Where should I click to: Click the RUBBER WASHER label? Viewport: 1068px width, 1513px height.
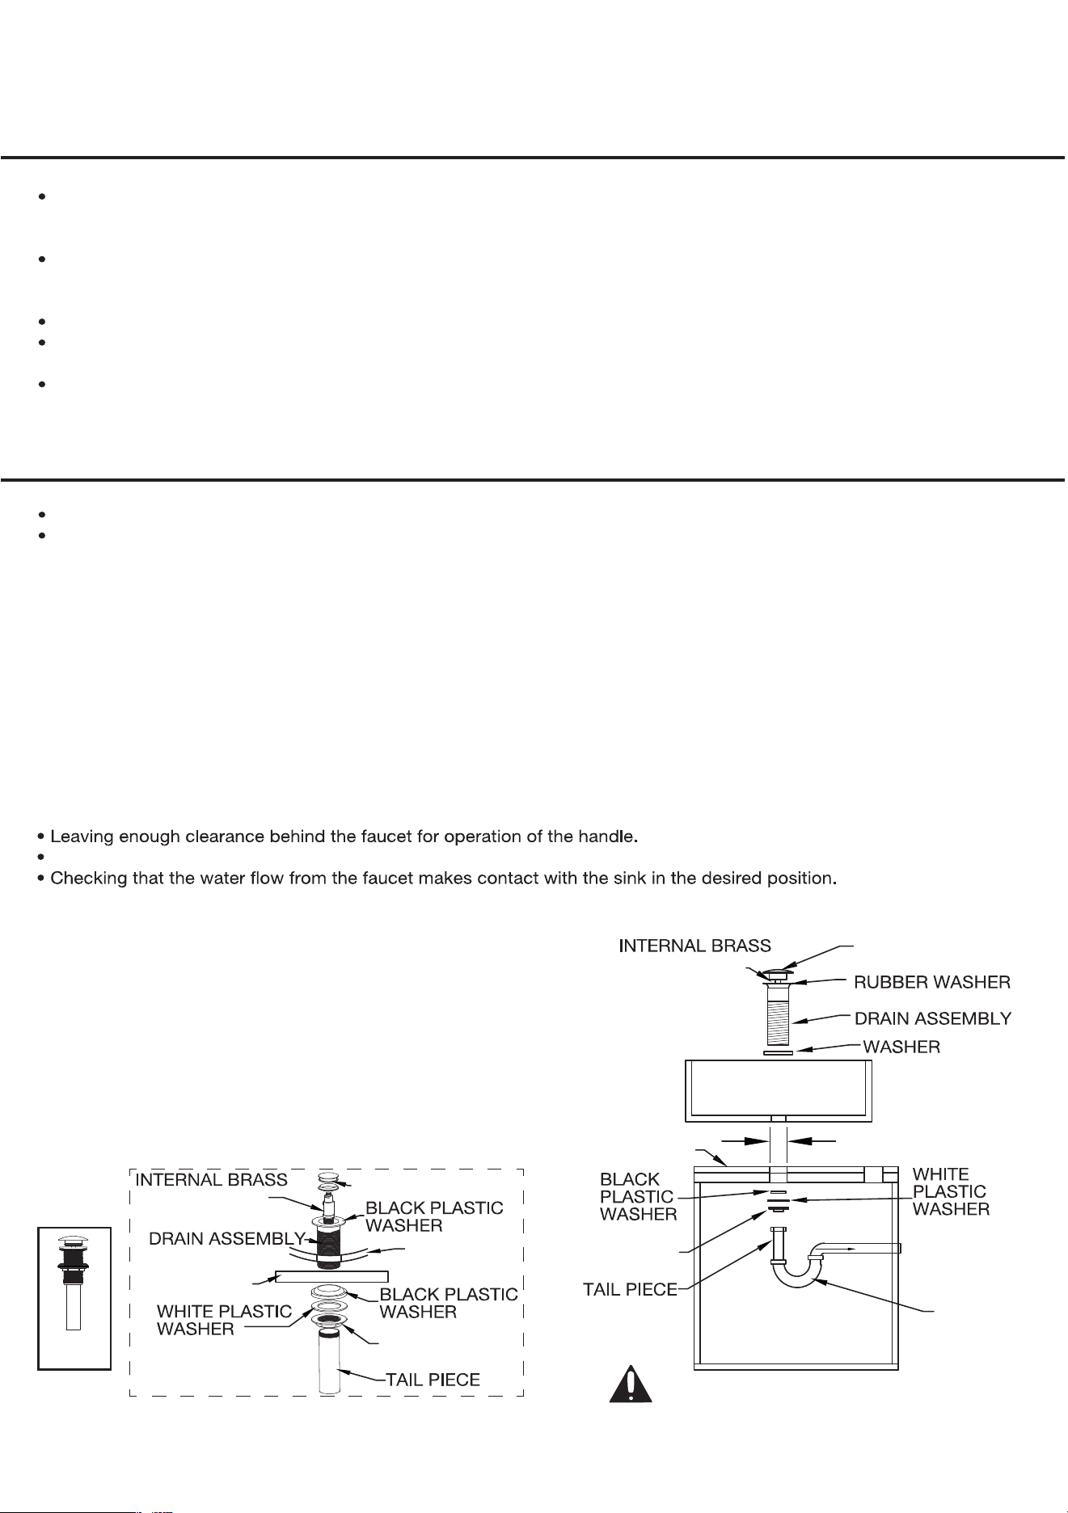(932, 983)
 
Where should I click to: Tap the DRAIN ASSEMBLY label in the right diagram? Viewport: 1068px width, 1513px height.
(933, 1018)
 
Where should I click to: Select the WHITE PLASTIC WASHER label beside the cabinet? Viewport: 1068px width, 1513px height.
(951, 1191)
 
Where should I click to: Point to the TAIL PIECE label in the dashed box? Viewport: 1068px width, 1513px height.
(432, 1380)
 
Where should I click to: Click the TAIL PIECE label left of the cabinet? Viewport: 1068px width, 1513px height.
(631, 1289)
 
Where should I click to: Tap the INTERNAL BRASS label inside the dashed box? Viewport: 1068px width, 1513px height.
(211, 1180)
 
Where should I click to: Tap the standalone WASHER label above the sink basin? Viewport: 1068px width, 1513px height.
(901, 1047)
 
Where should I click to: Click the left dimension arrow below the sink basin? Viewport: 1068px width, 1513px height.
(745, 1141)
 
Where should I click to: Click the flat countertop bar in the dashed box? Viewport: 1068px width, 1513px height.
(332, 1277)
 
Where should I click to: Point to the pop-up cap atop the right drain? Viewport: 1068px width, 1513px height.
(778, 972)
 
